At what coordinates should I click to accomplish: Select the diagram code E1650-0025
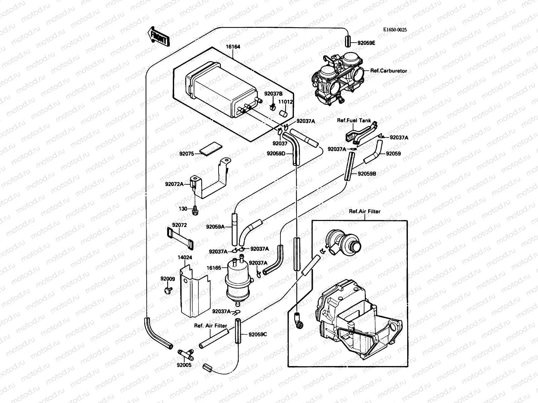(x=395, y=30)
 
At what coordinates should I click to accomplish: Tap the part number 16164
(x=233, y=47)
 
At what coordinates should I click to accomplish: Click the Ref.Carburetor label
(x=388, y=71)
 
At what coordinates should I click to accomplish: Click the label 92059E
(x=367, y=43)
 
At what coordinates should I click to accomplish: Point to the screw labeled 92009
(x=168, y=289)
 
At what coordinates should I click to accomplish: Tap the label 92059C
(x=258, y=334)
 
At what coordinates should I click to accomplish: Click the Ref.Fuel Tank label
(x=354, y=121)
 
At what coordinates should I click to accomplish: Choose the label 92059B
(x=367, y=174)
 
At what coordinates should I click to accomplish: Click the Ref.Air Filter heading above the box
(x=364, y=212)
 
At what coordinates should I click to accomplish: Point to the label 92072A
(x=174, y=184)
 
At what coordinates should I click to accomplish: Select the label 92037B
(x=273, y=94)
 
